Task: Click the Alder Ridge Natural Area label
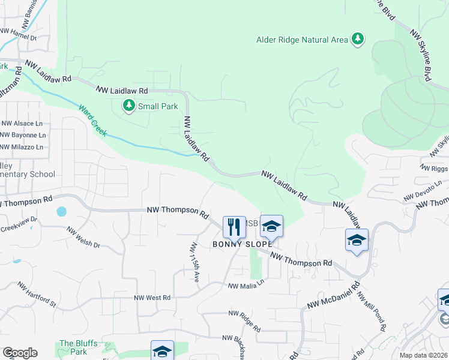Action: click(x=302, y=40)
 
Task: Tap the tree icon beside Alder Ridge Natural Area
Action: click(x=358, y=39)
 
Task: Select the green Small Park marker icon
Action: click(x=128, y=106)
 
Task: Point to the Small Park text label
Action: click(x=158, y=106)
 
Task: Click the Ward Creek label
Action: click(x=92, y=119)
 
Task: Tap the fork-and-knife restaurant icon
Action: click(x=234, y=227)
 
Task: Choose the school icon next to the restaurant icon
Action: click(x=271, y=226)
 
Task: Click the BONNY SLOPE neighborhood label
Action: click(x=243, y=244)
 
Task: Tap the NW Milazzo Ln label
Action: click(x=23, y=147)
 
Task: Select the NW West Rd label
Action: click(x=152, y=298)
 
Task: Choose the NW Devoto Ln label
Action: click(x=426, y=193)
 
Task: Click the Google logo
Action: click(x=20, y=353)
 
